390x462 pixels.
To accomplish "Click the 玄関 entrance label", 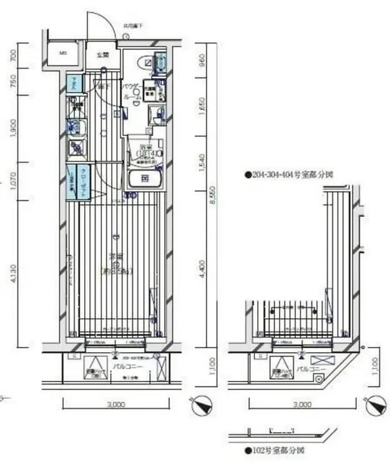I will click(x=102, y=55).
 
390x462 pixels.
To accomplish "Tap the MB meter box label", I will click(x=62, y=54).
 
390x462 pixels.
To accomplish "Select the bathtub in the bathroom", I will click(x=144, y=180).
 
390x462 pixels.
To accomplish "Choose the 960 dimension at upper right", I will click(x=201, y=61).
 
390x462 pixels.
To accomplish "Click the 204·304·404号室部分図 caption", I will click(x=288, y=176).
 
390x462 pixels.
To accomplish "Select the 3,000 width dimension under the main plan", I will click(x=115, y=404).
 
